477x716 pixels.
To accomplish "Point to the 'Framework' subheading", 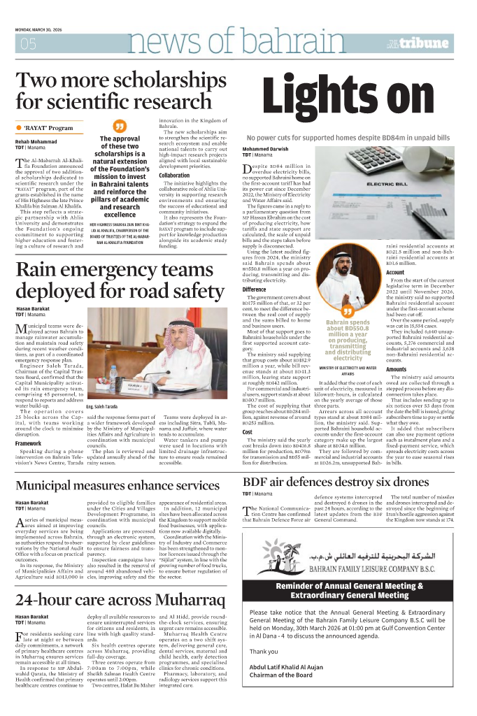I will [29, 443].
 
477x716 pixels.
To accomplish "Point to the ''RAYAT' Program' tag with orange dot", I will [46, 128].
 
